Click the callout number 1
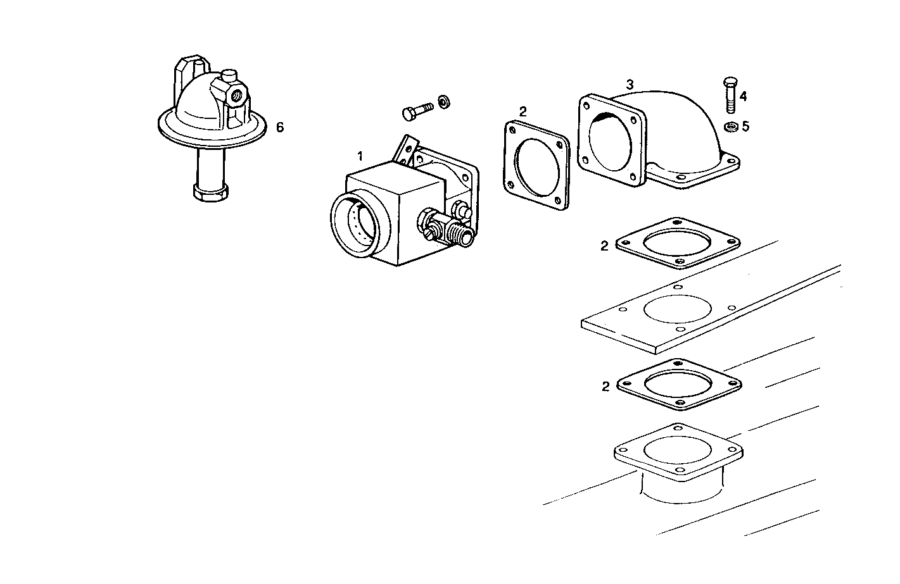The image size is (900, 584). (360, 156)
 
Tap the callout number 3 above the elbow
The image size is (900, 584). (630, 84)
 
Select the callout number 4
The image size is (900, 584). (743, 96)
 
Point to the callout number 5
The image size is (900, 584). (745, 127)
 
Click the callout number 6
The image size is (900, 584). (279, 127)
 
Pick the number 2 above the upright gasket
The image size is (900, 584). (523, 111)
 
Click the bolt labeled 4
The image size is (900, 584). (728, 94)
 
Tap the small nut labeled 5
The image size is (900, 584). (729, 127)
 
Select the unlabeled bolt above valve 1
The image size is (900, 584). (417, 110)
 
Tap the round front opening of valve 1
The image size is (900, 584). (353, 225)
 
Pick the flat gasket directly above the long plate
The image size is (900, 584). (677, 244)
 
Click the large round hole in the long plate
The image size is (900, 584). (677, 310)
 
